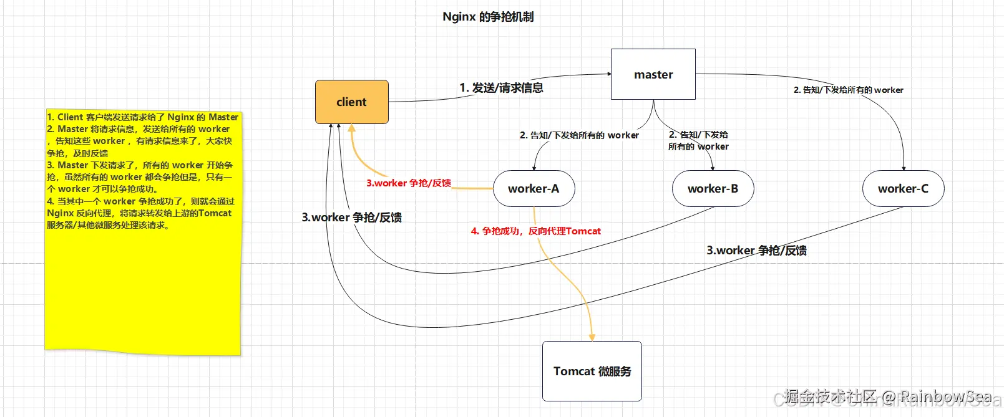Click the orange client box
(351, 102)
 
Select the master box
(653, 74)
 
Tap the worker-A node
(534, 188)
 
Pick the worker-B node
(713, 188)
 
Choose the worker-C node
(903, 188)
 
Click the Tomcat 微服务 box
(592, 371)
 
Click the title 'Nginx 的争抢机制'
(488, 17)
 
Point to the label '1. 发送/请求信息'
(501, 88)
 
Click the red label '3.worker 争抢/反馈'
(408, 183)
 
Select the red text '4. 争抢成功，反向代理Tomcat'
(535, 231)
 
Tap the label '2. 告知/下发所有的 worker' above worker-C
(848, 90)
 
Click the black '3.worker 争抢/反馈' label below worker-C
(756, 250)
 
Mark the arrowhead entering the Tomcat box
(592, 337)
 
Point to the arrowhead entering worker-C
(904, 168)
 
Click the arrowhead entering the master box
(608, 74)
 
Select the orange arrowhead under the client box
(351, 128)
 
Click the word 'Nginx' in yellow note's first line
(180, 117)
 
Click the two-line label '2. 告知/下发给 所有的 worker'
(698, 140)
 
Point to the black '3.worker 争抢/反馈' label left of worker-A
(351, 217)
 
